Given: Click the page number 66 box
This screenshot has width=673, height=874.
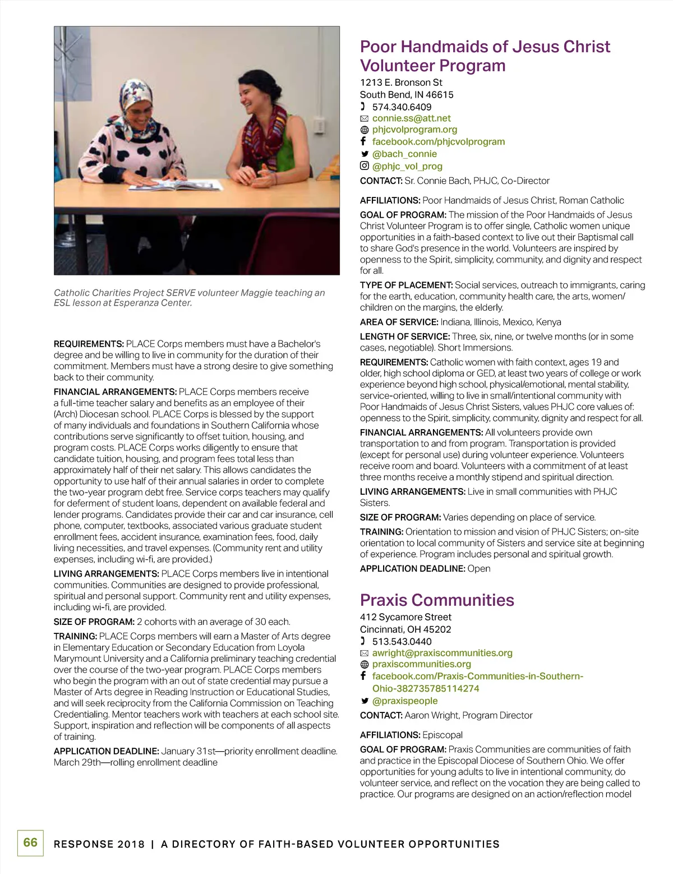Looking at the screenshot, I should click(x=30, y=843).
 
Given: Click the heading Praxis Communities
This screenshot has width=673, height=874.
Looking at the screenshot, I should click(x=437, y=600).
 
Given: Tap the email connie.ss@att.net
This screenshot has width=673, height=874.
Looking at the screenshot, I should click(x=411, y=118).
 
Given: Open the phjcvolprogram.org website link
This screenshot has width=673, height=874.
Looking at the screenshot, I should click(x=414, y=130).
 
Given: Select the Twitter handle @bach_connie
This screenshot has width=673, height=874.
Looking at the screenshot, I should click(x=404, y=154).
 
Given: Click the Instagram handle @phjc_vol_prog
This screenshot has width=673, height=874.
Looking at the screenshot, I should click(x=407, y=166).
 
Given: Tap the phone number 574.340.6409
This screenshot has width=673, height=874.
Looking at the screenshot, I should click(x=402, y=107).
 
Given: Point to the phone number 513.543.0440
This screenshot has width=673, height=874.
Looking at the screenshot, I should click(x=402, y=641).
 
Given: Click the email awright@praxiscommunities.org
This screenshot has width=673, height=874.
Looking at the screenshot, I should click(x=442, y=653).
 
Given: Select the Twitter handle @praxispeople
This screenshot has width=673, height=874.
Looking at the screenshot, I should click(x=405, y=701).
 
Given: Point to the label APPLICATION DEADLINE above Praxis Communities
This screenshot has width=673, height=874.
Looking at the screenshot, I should click(x=412, y=569).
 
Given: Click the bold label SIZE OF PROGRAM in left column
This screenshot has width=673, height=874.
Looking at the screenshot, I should click(x=94, y=622).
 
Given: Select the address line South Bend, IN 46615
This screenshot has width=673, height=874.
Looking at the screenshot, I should click(x=407, y=95).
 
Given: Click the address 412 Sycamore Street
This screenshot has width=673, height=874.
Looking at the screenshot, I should click(x=405, y=617).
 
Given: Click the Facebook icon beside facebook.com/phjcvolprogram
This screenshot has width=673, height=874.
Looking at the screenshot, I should click(x=363, y=141).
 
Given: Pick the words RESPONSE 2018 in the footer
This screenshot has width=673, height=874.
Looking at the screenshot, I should click(x=99, y=844).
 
